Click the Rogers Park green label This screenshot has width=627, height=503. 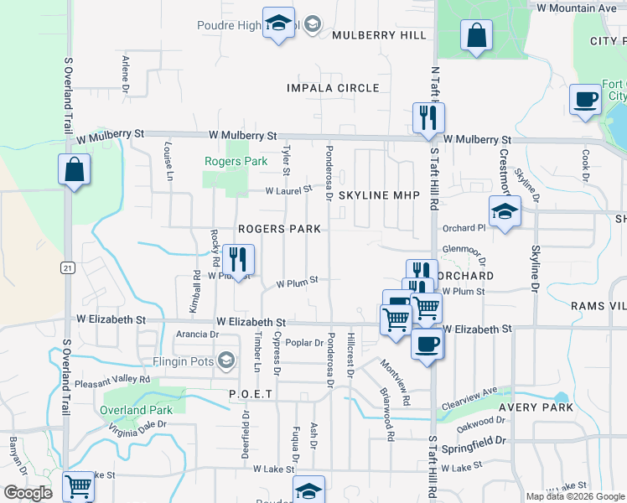click(236, 161)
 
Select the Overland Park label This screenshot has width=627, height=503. click(136, 410)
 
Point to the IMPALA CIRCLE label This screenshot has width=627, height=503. click(333, 88)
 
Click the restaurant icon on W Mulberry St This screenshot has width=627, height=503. click(428, 118)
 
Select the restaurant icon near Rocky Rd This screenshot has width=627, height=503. click(238, 260)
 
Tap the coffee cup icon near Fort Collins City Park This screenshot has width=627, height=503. click(585, 99)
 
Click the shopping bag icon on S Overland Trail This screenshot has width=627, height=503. click(74, 169)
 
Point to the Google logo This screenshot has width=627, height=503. click(28, 493)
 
